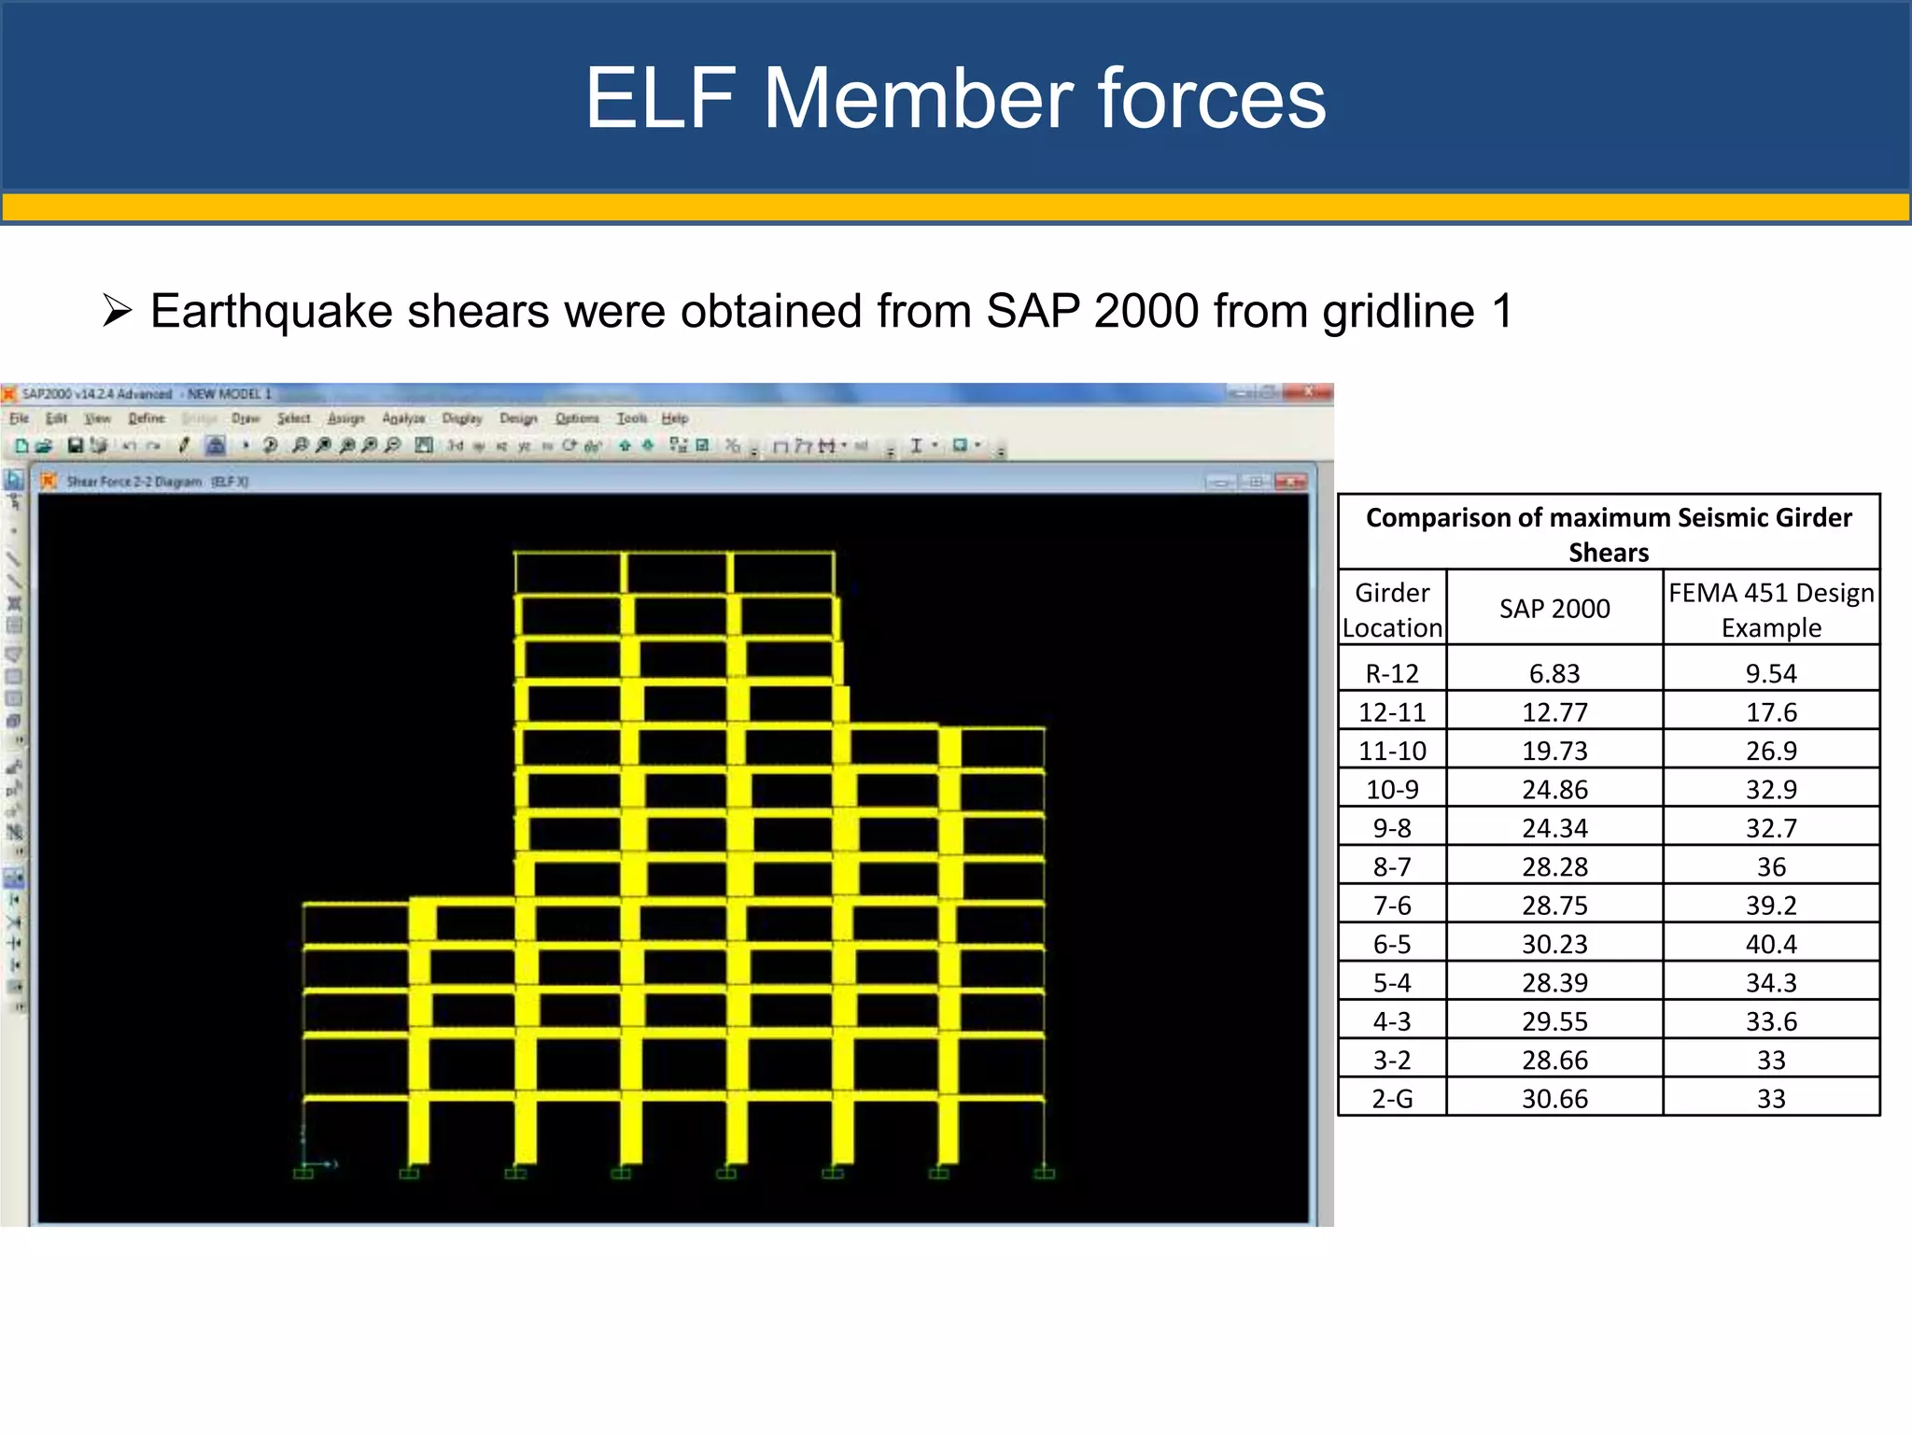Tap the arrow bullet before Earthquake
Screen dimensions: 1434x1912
pos(118,310)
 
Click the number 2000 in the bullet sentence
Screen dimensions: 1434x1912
pos(1146,311)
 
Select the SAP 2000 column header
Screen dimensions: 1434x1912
pos(1554,609)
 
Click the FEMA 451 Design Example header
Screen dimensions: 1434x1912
pos(1771,610)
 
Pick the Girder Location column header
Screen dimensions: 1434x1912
pos(1392,610)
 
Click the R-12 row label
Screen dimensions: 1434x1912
pos(1392,673)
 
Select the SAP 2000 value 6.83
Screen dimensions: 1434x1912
pos(1554,673)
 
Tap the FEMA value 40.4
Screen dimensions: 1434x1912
pos(1771,944)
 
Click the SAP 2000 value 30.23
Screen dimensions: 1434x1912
pos(1554,944)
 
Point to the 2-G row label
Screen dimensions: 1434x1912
pos(1392,1099)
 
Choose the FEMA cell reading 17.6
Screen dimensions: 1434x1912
pos(1771,712)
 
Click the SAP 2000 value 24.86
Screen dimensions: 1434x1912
pos(1554,790)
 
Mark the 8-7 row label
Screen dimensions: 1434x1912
pos(1392,867)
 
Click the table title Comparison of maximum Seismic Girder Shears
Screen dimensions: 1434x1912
pos(1609,534)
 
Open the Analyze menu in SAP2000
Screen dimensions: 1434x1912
pos(403,418)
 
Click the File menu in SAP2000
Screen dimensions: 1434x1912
pos(20,418)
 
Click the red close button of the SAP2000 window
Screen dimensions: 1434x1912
pos(1310,393)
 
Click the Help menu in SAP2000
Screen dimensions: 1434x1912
pos(675,418)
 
